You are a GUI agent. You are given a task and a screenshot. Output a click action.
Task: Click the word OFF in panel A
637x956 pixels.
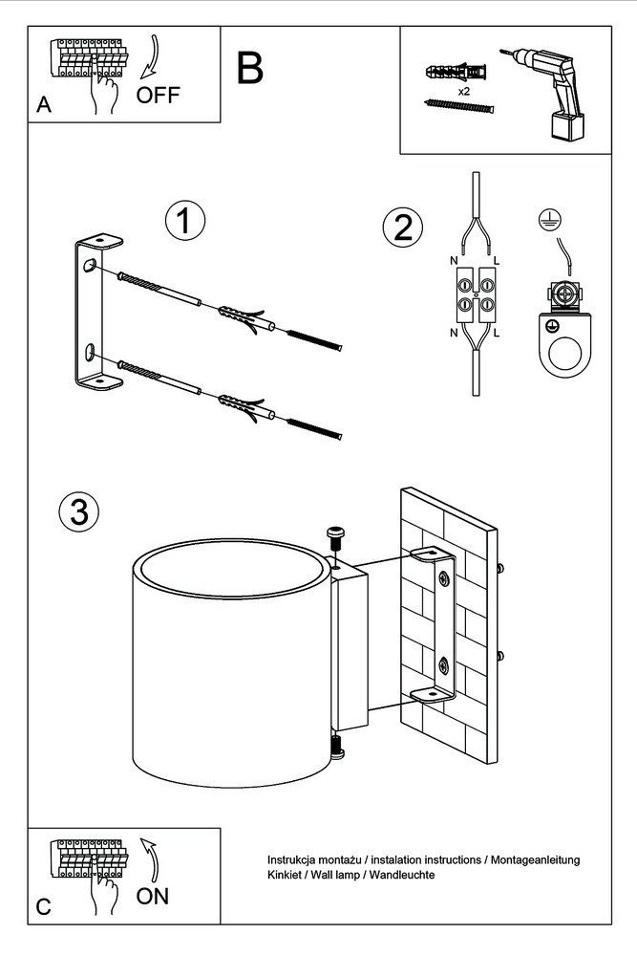[157, 95]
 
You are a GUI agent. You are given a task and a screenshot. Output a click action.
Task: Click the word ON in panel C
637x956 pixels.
[153, 896]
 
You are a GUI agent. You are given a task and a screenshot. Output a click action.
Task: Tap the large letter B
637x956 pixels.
[249, 68]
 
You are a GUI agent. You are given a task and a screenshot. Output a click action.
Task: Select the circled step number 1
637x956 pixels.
[185, 221]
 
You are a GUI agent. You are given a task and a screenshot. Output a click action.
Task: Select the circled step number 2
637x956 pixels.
[402, 227]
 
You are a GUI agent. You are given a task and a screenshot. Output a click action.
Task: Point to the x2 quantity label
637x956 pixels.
[463, 92]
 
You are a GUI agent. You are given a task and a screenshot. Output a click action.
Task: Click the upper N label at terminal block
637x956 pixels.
[453, 261]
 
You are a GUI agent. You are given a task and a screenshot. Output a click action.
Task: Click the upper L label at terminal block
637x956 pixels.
[499, 261]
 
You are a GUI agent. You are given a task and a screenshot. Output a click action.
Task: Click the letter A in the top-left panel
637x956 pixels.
[43, 107]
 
